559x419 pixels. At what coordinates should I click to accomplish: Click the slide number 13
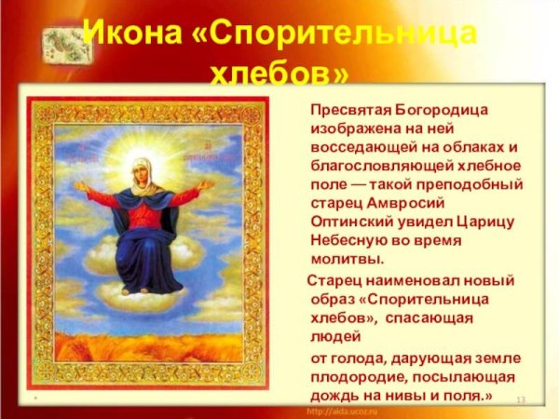pos(521,399)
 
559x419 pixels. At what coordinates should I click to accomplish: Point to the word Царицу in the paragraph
pos(481,221)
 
